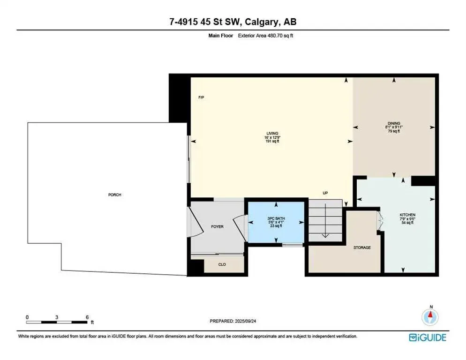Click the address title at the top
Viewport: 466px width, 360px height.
233,22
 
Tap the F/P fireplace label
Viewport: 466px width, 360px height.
201,97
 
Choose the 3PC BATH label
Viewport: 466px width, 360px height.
276,219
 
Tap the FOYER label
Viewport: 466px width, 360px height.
217,226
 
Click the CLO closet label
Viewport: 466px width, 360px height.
222,264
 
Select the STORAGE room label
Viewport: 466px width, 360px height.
362,247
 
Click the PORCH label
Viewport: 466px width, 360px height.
115,195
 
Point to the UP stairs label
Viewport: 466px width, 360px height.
324,193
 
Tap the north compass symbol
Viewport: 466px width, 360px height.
430,317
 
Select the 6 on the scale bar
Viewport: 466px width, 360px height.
87,317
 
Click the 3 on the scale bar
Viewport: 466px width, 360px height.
57,317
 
